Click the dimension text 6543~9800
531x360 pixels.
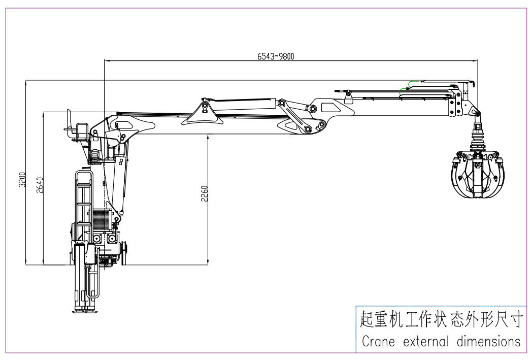pyautogui.click(x=276, y=56)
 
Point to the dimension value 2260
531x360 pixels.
pyautogui.click(x=205, y=193)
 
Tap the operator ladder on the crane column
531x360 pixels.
pyautogui.click(x=83, y=198)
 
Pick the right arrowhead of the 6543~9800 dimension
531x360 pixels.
pyautogui.click(x=476, y=60)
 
